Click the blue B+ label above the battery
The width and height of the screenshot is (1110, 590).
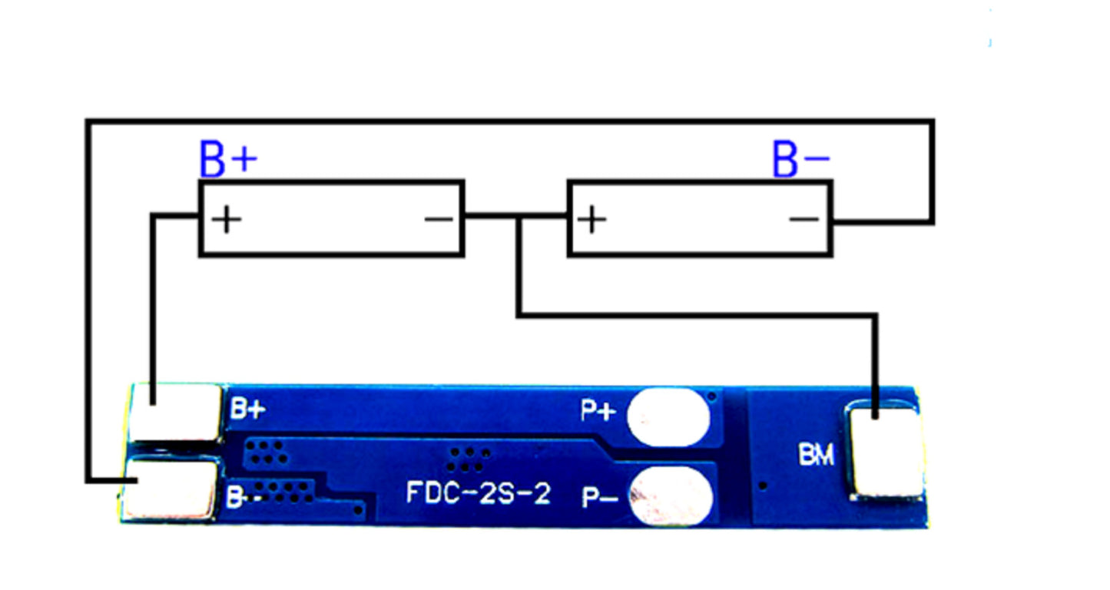click(228, 158)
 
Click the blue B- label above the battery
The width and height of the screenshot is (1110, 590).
click(801, 158)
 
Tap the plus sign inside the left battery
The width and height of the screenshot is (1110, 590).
click(227, 219)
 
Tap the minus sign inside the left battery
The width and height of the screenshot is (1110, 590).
click(439, 219)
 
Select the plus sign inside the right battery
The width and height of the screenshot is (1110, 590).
click(591, 219)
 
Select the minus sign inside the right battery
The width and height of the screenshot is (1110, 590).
click(804, 219)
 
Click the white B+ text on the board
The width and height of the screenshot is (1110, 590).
click(248, 409)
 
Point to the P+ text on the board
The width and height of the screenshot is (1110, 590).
click(598, 411)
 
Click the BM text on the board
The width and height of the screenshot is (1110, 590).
click(817, 454)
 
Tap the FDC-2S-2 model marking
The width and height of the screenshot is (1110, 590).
click(479, 493)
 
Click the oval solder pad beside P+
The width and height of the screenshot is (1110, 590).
click(668, 417)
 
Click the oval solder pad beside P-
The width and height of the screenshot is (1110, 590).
click(671, 496)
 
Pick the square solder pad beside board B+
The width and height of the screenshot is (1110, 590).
click(176, 412)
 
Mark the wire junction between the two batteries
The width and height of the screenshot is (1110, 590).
click(519, 216)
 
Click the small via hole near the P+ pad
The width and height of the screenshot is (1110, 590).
click(712, 396)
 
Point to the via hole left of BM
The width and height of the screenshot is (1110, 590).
click(764, 486)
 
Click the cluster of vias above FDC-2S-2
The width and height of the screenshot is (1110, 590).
click(469, 459)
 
